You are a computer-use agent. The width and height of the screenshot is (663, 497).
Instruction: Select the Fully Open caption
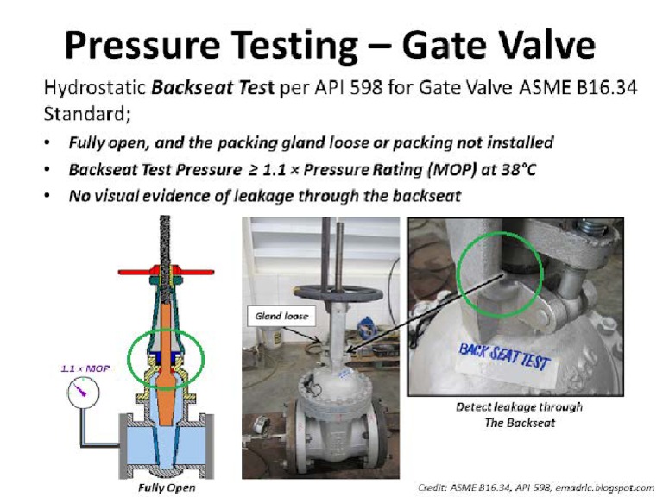(x=167, y=488)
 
